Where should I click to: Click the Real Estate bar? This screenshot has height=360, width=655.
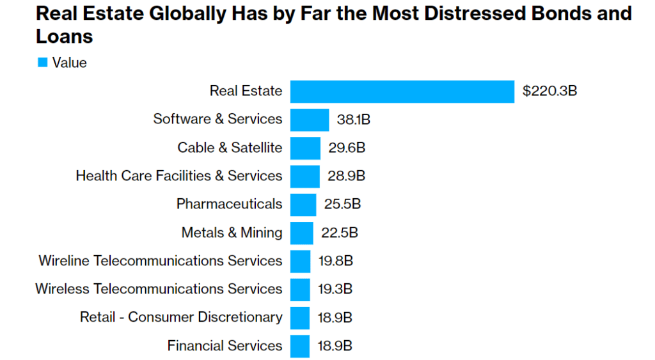[x=402, y=91]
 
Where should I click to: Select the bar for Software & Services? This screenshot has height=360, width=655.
[x=310, y=120]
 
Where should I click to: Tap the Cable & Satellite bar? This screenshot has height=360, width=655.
[x=305, y=148]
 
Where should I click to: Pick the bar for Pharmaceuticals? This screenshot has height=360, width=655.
[x=303, y=205]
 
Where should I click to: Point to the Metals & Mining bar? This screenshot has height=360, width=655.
[x=302, y=233]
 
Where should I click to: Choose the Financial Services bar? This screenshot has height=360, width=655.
[x=300, y=346]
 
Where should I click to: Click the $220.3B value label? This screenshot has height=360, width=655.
[x=549, y=91]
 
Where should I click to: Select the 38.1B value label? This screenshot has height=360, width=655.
[x=354, y=120]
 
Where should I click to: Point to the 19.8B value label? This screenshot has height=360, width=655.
[x=336, y=261]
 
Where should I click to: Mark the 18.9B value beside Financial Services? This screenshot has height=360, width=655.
[x=335, y=346]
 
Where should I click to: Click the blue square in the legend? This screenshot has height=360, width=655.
[x=43, y=63]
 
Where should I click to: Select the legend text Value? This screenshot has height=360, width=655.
[x=69, y=63]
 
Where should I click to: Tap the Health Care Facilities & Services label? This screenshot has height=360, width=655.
[x=178, y=176]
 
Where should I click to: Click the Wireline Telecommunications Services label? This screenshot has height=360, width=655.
[x=160, y=261]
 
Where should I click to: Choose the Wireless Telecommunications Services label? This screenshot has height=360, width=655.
[x=159, y=289]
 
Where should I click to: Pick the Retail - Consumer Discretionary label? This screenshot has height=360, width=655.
[x=181, y=317]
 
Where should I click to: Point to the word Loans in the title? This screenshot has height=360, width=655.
[x=64, y=36]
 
